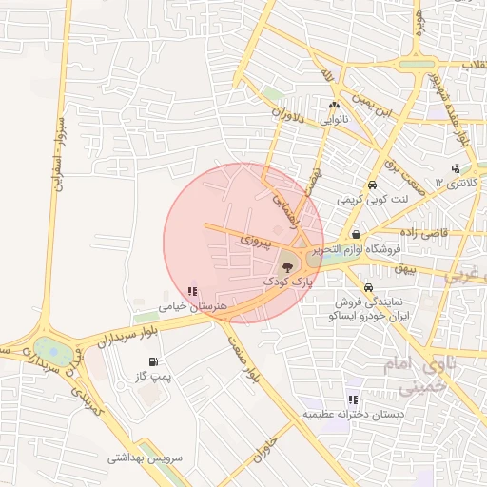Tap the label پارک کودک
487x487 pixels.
[286, 282]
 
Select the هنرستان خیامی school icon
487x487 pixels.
[193, 292]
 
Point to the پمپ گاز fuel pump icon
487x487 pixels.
[154, 362]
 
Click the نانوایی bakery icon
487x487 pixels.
[333, 107]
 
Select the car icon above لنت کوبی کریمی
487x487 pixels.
[372, 186]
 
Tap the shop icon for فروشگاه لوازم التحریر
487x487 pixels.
[355, 234]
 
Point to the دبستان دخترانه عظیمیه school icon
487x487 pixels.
[353, 400]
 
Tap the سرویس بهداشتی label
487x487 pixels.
[144, 458]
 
